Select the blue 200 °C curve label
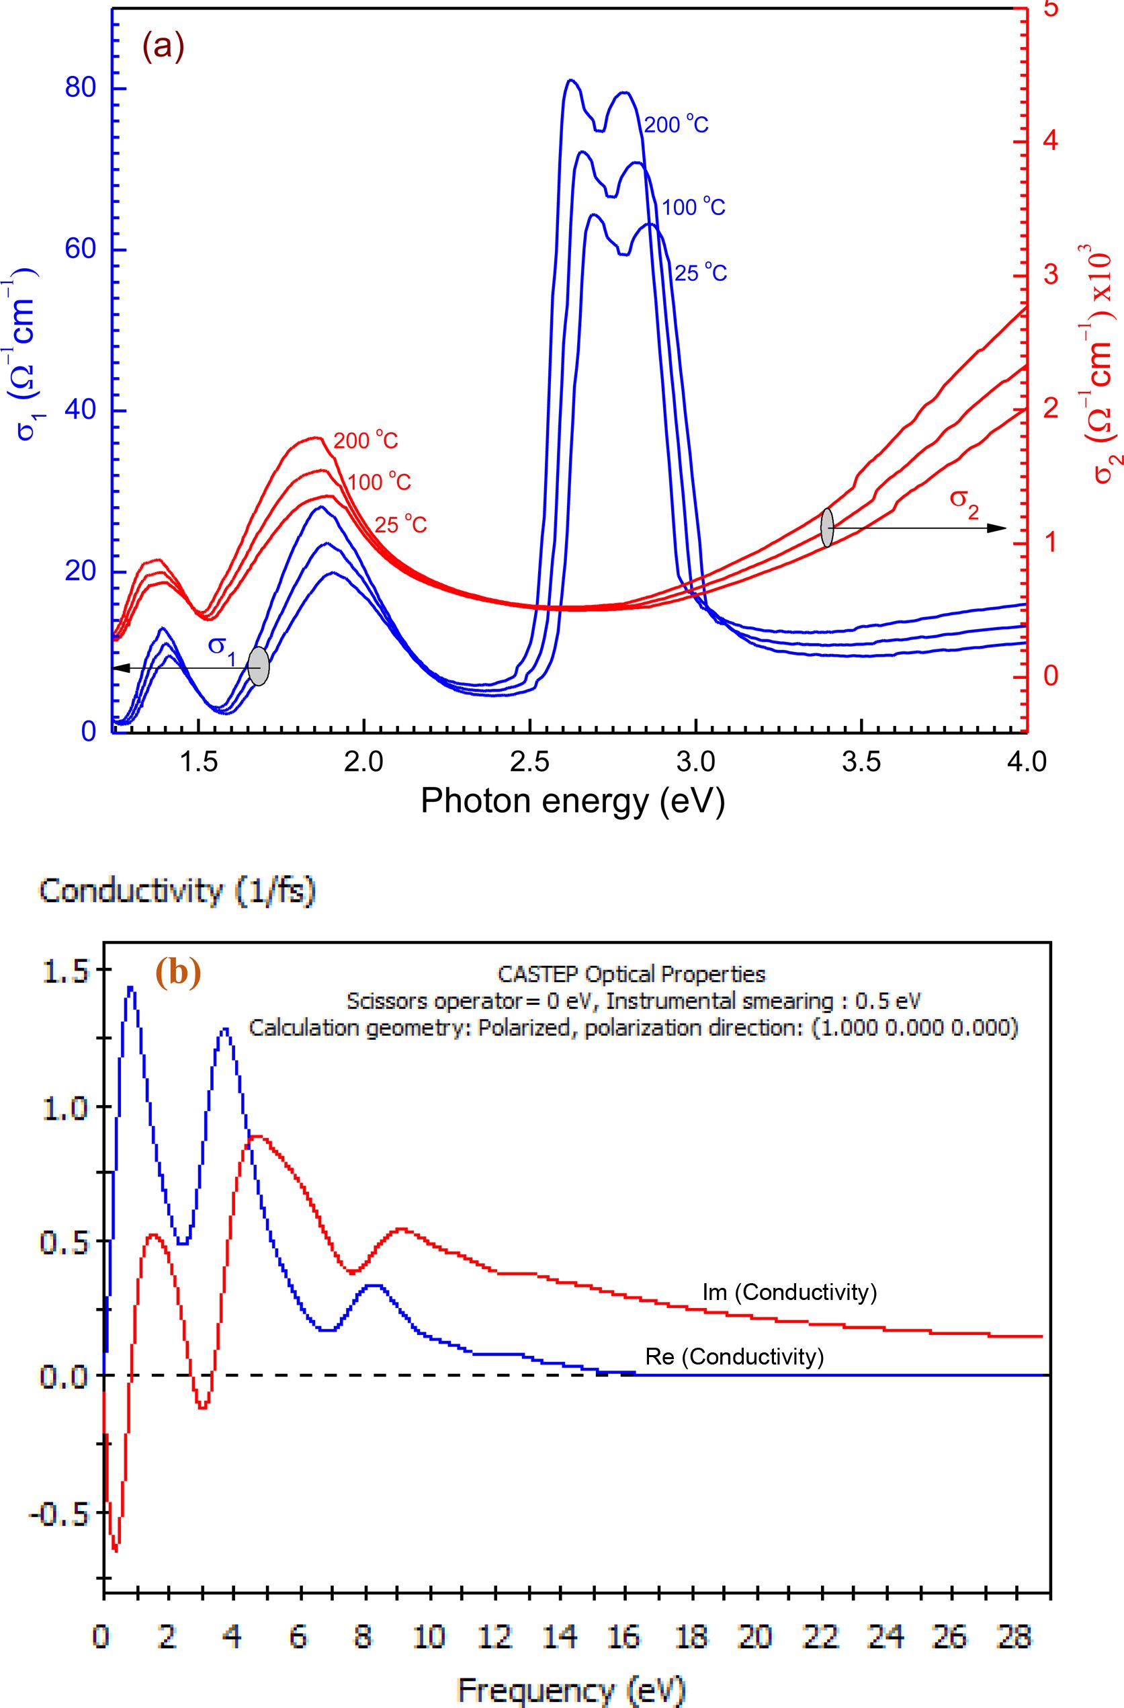pos(677,126)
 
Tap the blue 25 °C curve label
pos(701,274)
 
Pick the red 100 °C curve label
pos(379,482)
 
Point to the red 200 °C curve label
pos(365,441)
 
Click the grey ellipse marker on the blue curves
pos(259,666)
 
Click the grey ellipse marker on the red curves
pos(827,528)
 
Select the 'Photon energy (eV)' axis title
pos(572,801)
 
